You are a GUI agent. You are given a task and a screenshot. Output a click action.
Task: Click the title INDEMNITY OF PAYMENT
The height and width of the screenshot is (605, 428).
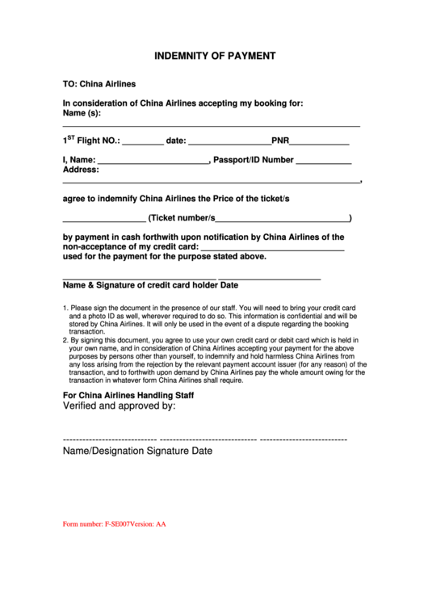point(215,57)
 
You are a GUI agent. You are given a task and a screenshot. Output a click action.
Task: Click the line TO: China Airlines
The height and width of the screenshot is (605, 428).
point(99,83)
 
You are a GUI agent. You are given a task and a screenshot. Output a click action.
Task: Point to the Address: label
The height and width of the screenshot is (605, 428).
point(81,170)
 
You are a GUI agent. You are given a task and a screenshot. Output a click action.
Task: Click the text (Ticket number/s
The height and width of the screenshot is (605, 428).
point(182,218)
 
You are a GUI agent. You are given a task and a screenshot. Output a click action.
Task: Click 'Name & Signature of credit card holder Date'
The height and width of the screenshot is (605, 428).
point(151,285)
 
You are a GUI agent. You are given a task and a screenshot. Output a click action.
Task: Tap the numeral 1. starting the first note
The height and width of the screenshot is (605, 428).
point(65,309)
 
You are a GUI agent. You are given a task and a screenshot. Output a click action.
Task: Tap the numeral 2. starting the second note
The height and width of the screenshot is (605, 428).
point(65,341)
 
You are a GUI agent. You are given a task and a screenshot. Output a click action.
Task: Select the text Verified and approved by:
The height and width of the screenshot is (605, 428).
point(120,407)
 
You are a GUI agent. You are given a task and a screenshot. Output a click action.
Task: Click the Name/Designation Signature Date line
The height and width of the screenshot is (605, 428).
point(138,452)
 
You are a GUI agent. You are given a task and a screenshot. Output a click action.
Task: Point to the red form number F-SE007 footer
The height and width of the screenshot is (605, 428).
point(114,524)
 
